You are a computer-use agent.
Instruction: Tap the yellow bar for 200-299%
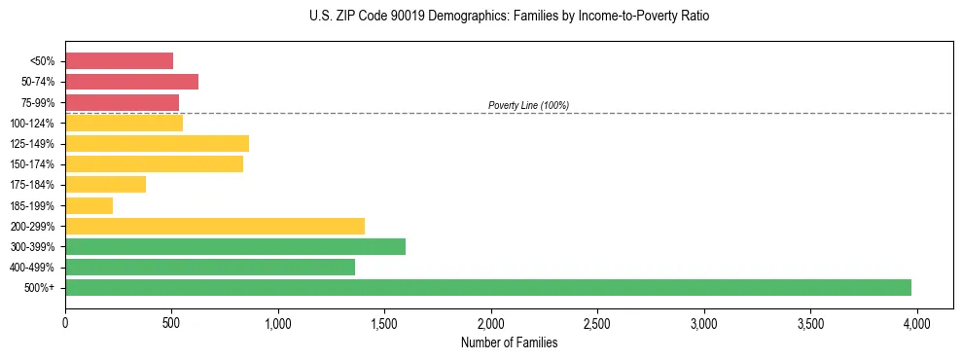215,226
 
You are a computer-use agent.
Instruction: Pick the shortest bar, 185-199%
89,205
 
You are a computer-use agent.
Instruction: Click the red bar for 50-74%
132,82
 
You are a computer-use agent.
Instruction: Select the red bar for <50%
120,61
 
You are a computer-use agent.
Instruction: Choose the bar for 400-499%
210,267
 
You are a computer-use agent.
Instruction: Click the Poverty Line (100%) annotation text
528,105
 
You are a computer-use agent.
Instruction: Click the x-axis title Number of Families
510,342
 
